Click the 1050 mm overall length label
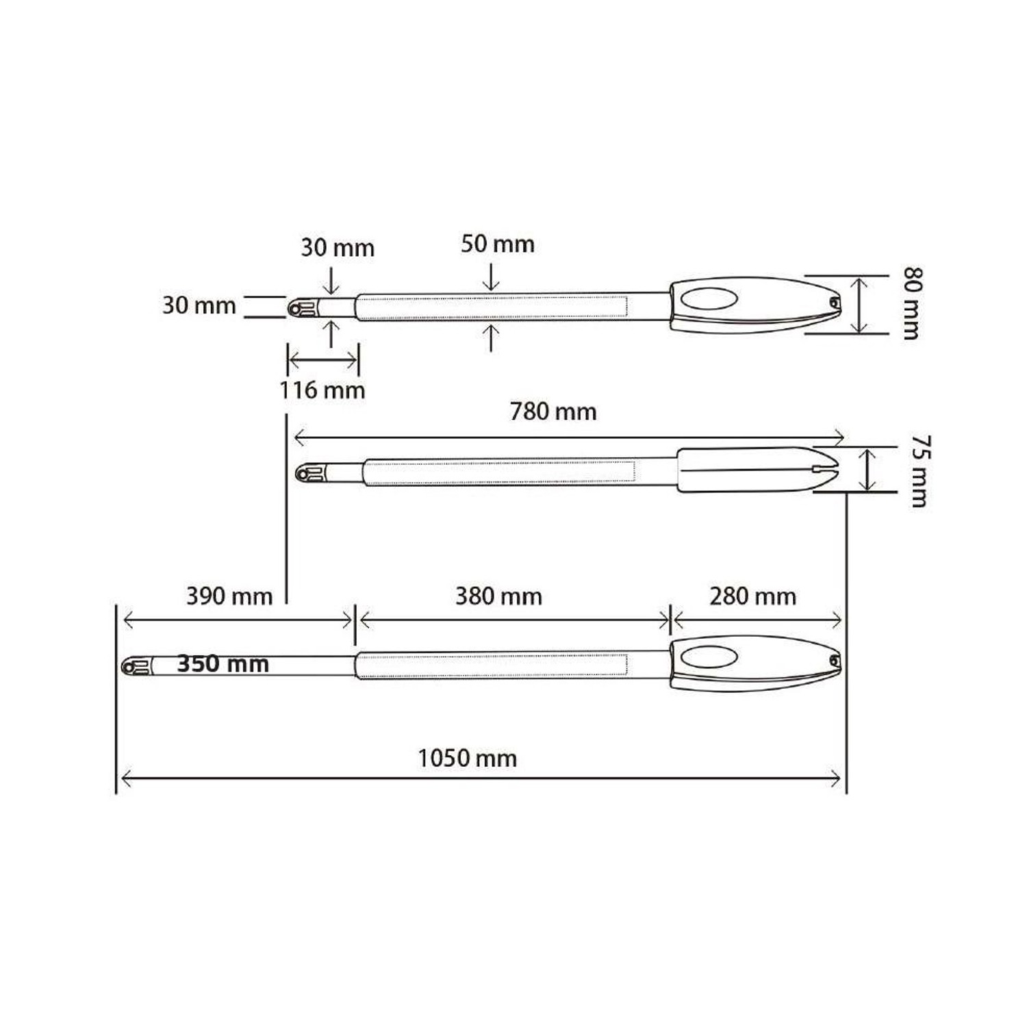coord(467,759)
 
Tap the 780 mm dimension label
coord(553,411)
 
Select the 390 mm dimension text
coord(229,596)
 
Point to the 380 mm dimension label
coord(498,596)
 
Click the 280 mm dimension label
coord(752,596)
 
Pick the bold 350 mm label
coord(223,663)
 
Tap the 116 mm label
coord(322,390)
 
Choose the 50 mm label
coord(498,244)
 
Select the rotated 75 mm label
coord(919,471)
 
